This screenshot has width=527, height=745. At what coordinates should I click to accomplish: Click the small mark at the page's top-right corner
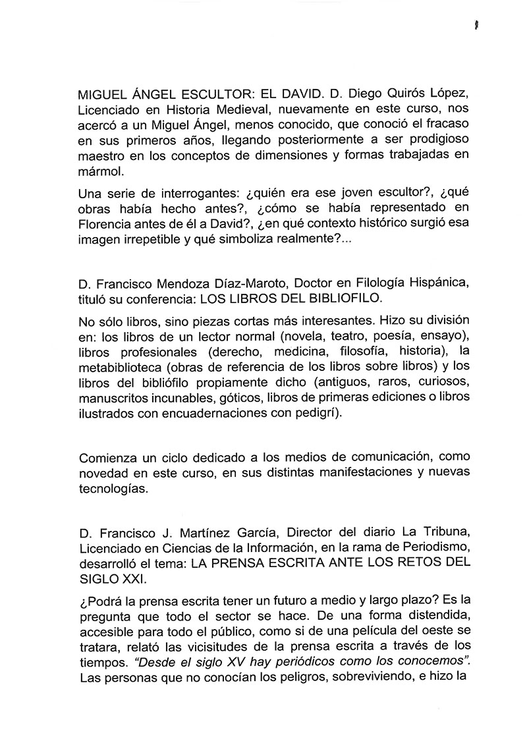click(x=474, y=25)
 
